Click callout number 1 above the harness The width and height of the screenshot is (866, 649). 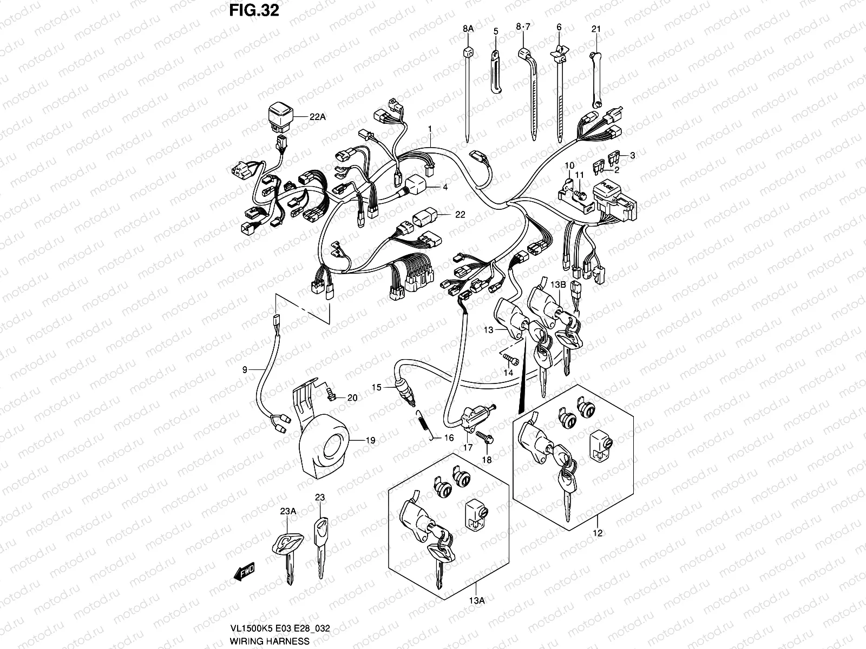pos(430,129)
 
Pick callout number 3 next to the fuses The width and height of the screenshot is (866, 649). pos(633,155)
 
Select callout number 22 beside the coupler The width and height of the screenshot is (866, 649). pos(460,215)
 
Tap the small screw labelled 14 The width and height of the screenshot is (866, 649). pos(511,359)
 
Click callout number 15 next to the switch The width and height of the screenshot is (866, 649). pos(377,387)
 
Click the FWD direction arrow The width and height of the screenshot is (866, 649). pos(244,571)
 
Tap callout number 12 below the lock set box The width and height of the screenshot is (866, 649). pos(598,534)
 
